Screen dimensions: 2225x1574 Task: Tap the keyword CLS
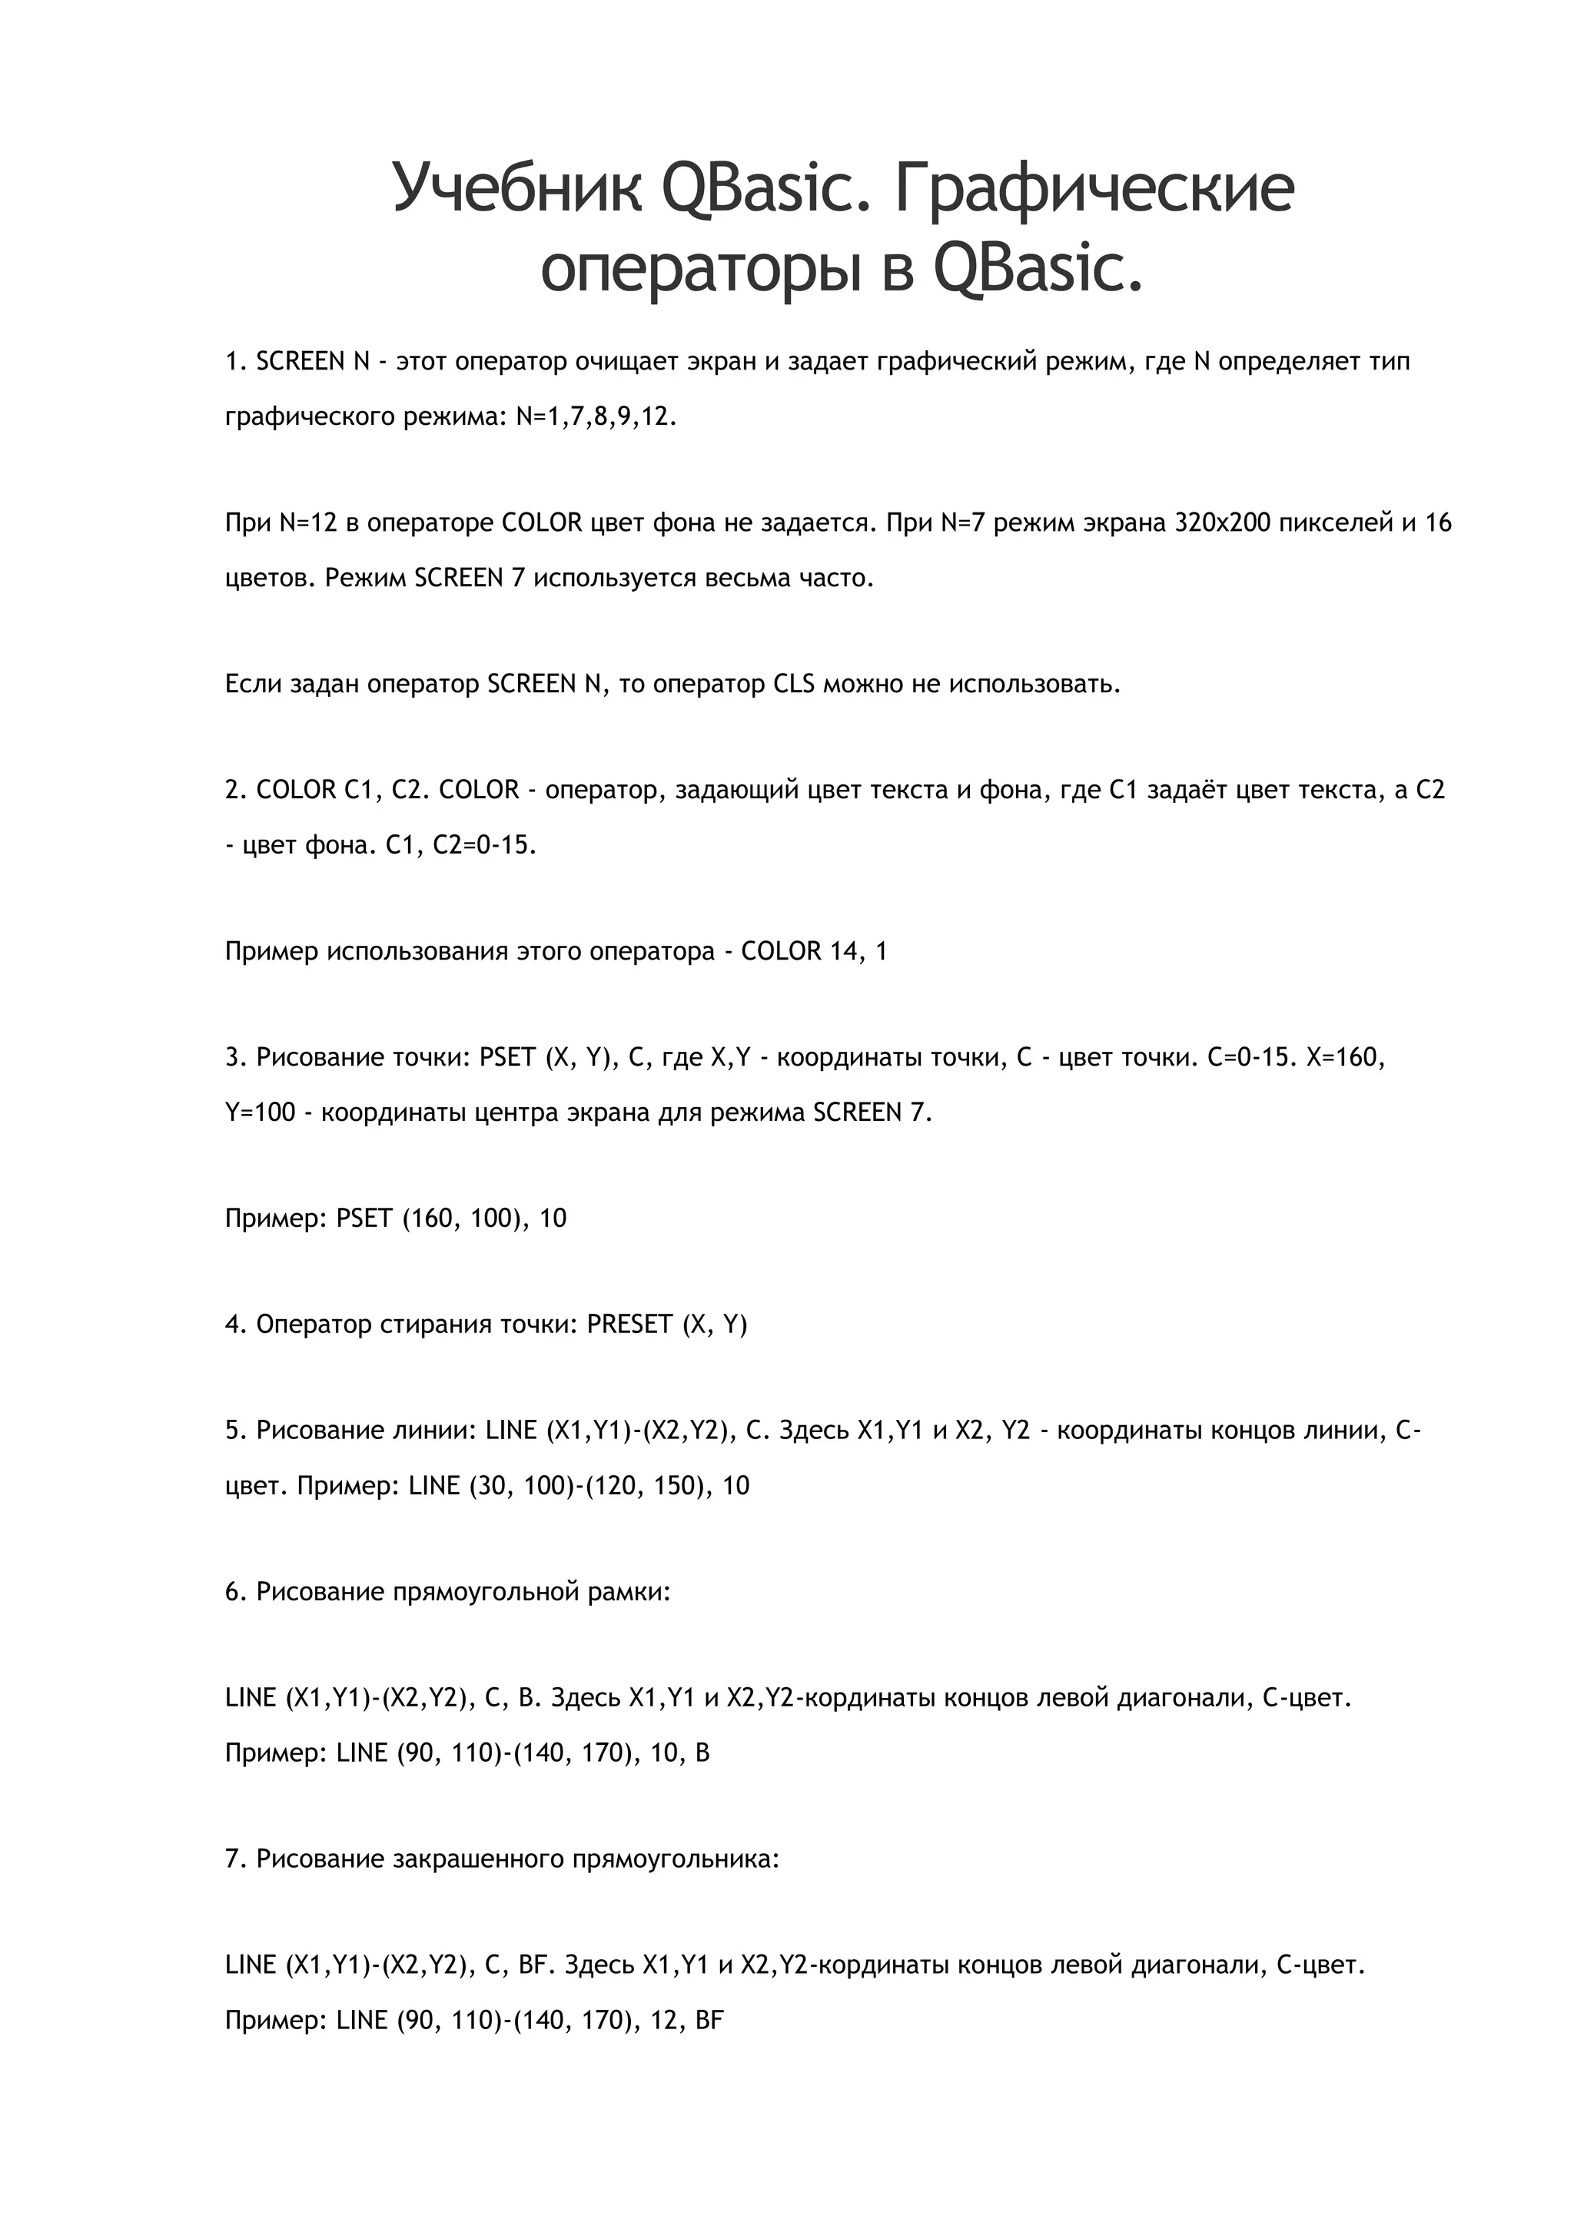coord(794,684)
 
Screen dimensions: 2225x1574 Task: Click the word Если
coord(254,684)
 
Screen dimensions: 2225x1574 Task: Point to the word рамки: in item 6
coord(630,1591)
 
